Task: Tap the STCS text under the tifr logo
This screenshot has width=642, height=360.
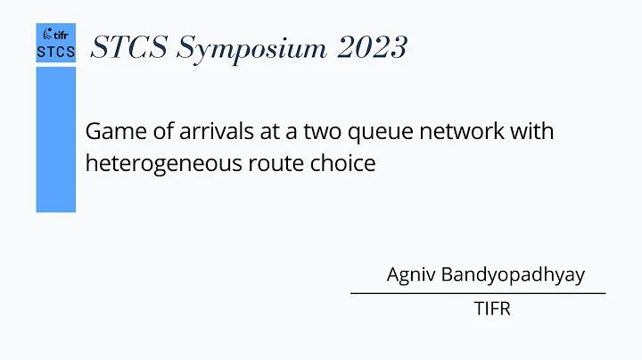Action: [55, 53]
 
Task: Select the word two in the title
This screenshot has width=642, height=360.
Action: [314, 133]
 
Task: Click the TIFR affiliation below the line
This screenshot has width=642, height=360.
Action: [491, 311]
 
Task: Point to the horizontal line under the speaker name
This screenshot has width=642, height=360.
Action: [477, 292]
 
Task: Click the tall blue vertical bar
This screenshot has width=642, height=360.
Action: [55, 138]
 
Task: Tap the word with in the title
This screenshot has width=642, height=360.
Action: [531, 133]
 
